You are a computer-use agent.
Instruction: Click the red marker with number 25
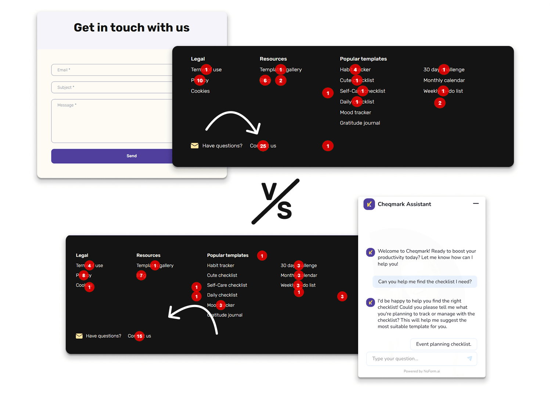coord(263,146)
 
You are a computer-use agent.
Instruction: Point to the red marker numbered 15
coord(140,336)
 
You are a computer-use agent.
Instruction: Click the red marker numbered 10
coord(200,81)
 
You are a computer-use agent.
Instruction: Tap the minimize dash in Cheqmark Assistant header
coord(476,203)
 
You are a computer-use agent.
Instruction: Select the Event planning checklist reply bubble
coord(443,344)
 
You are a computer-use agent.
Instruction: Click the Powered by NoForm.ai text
coord(422,371)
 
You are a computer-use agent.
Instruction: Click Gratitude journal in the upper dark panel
coord(360,123)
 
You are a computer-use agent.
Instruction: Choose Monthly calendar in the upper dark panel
coord(444,80)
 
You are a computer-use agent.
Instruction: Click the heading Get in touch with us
coord(132,28)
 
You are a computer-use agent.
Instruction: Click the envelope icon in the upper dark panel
coord(195,146)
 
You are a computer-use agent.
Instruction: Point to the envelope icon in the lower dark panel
coord(79,336)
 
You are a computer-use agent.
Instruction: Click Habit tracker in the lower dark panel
coord(220,266)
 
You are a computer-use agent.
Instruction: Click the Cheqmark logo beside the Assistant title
coord(369,204)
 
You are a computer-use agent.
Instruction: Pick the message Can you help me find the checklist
coord(425,282)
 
